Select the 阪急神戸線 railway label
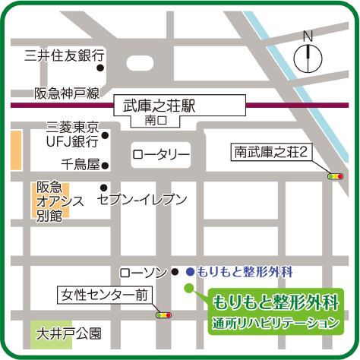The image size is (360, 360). point(67,93)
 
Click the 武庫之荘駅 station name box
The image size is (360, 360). point(154,105)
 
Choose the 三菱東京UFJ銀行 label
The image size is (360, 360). point(73,134)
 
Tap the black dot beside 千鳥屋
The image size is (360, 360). point(106,165)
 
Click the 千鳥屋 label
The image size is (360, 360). point(81,164)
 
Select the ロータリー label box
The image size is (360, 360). point(161,155)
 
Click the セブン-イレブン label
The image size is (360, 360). point(142,199)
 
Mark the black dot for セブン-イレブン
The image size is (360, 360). point(103,187)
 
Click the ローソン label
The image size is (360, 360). point(144,272)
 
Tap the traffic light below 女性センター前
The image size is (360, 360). point(163,314)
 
